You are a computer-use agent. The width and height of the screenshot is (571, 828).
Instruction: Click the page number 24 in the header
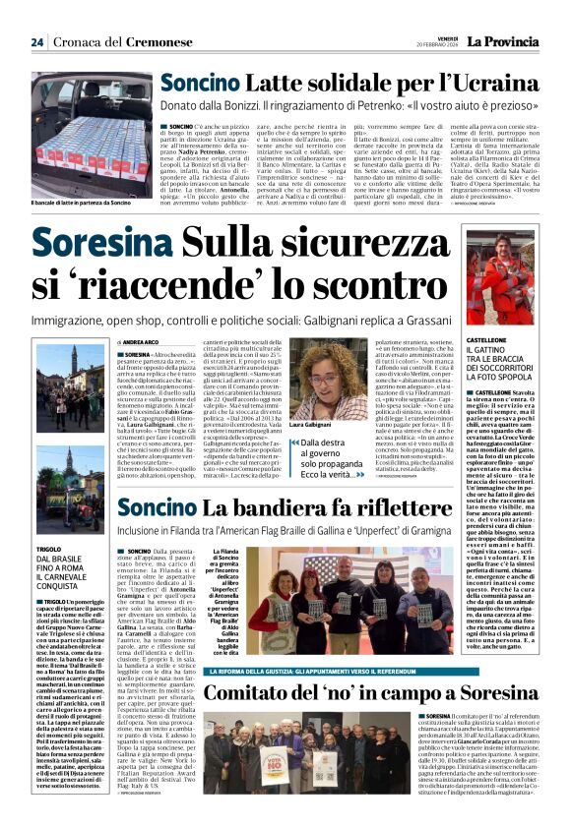pos(37,42)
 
